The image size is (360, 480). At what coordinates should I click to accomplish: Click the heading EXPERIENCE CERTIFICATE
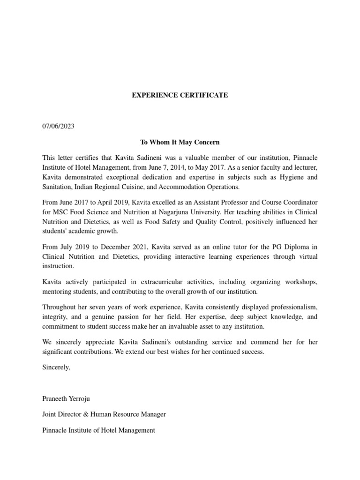(180, 95)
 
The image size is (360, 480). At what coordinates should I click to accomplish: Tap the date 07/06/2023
(58, 127)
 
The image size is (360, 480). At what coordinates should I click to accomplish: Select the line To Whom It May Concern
(180, 142)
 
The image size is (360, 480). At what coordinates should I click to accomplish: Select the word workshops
(300, 282)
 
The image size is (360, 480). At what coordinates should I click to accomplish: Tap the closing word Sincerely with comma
(56, 367)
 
